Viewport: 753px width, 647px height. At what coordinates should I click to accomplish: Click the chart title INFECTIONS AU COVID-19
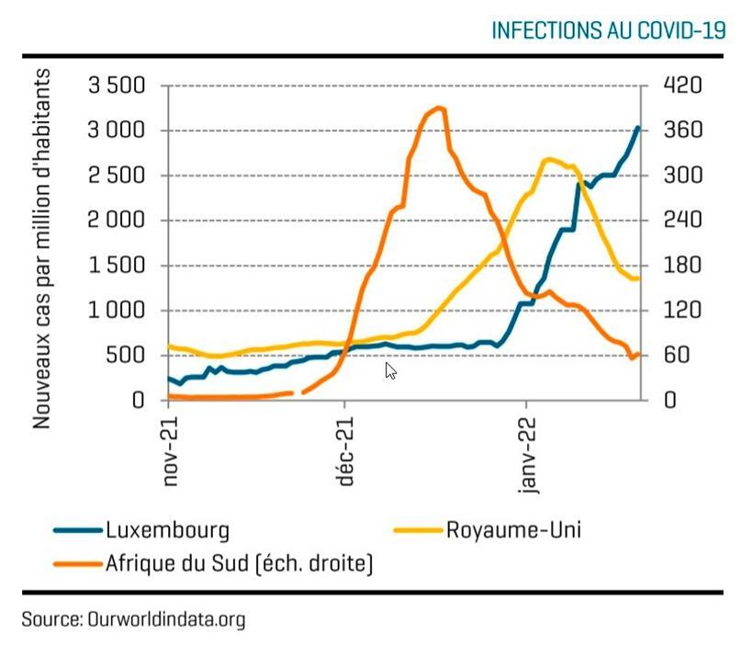(x=608, y=30)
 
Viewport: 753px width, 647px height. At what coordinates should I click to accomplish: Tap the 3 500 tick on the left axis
(x=117, y=86)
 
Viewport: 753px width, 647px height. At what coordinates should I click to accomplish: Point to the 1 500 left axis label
(x=117, y=267)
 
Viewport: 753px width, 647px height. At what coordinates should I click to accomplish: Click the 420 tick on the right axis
(x=682, y=86)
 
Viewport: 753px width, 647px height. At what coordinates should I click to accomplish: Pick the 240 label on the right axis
(x=682, y=221)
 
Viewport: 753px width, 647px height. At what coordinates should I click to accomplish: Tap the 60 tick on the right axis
(x=676, y=356)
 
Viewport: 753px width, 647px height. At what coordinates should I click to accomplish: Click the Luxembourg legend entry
(x=167, y=530)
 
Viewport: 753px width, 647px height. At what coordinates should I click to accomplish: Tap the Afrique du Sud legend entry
(x=239, y=562)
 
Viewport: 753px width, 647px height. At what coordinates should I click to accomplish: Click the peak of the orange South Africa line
(x=439, y=108)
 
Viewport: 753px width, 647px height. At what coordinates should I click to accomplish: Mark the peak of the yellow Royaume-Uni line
(x=548, y=160)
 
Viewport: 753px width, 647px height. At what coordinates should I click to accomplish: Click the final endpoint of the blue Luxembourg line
(x=638, y=128)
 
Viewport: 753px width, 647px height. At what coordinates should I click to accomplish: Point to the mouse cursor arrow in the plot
(x=389, y=369)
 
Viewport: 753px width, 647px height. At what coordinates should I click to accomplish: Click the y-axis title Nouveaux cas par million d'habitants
(x=42, y=248)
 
